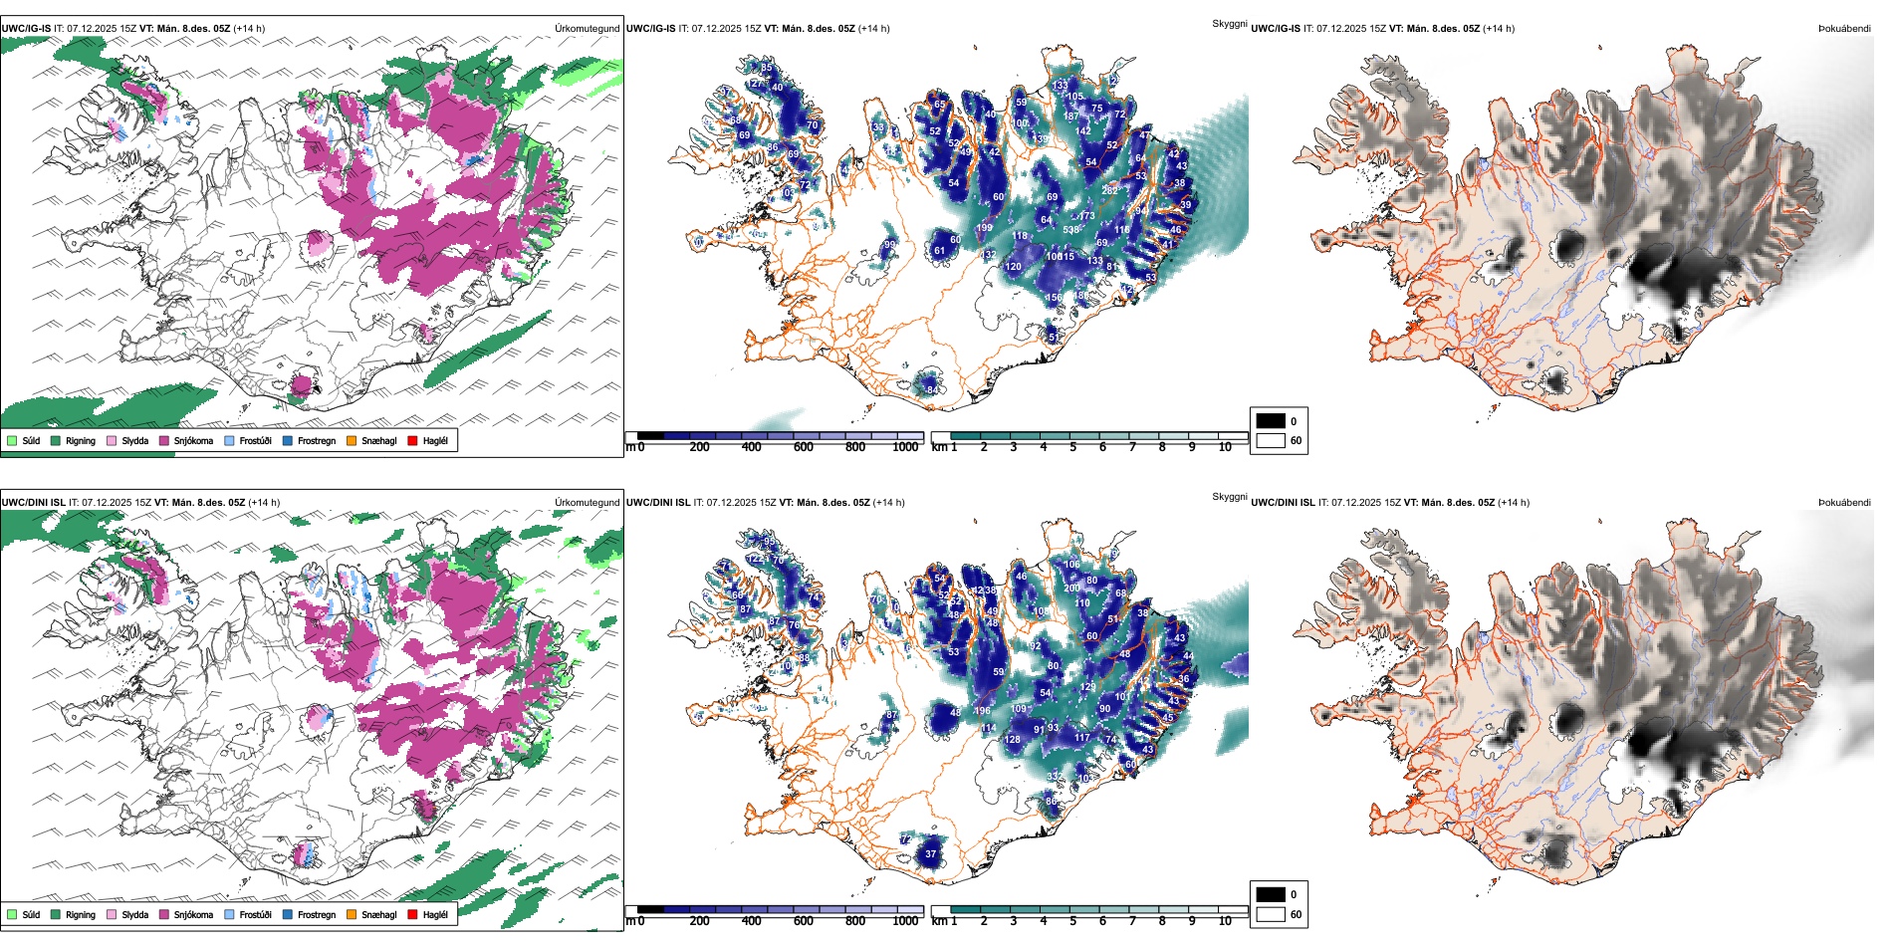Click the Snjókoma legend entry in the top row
click(193, 440)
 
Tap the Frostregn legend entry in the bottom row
click(316, 914)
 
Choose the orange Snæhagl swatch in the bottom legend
click(352, 914)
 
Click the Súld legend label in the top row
click(31, 440)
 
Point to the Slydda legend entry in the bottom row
click(134, 914)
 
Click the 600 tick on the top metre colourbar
click(804, 447)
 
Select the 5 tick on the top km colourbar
click(1072, 447)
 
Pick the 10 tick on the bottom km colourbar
click(1225, 921)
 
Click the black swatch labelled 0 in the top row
click(1271, 421)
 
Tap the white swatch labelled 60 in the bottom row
click(1271, 914)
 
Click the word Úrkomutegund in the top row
click(587, 29)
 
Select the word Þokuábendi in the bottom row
click(1844, 503)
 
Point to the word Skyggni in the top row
click(1229, 23)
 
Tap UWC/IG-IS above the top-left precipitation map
click(26, 29)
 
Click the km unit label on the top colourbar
click(938, 447)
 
